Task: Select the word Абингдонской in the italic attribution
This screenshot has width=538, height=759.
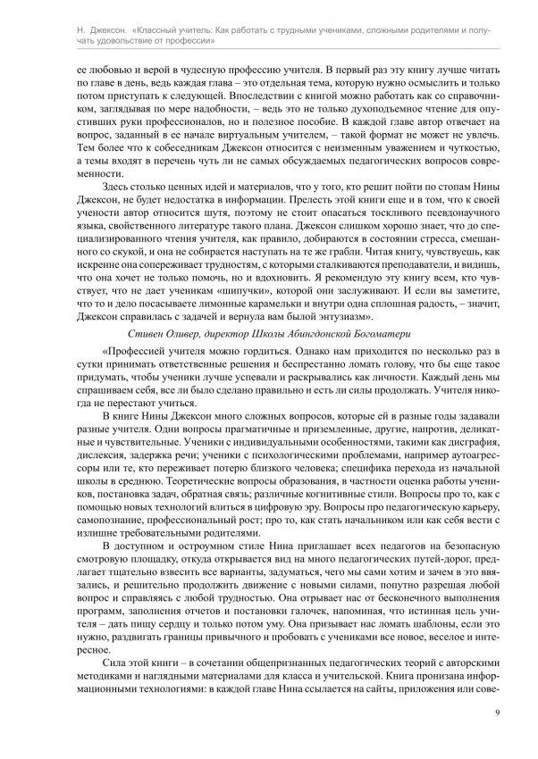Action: tap(347, 334)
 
